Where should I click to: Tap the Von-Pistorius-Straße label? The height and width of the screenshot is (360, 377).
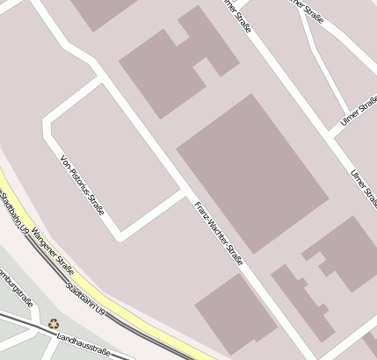(82, 185)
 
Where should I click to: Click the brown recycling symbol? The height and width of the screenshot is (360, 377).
(54, 323)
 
